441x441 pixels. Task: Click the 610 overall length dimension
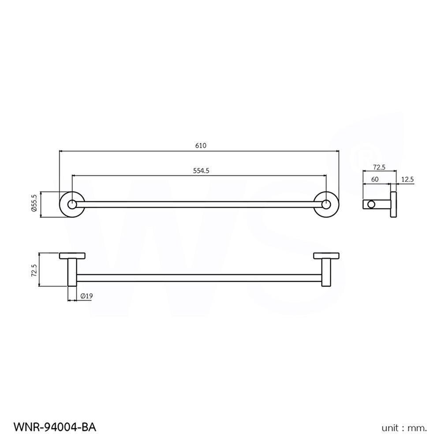[x=201, y=146]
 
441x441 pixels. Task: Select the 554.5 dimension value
[x=201, y=171]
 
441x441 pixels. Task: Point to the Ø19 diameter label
[x=86, y=297]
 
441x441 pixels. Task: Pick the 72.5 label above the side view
[x=379, y=167]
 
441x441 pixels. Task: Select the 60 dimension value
[x=375, y=179]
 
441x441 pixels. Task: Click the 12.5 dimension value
[x=407, y=179]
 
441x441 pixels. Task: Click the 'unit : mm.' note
[x=404, y=428]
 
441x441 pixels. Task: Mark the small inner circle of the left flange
[x=71, y=204]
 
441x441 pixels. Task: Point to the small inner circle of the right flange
[x=326, y=204]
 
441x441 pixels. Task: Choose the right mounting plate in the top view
[x=326, y=255]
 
